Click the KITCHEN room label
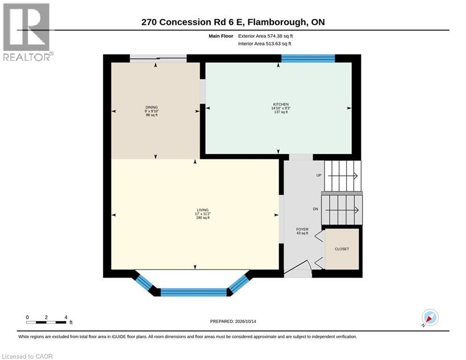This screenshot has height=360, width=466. pos(281,105)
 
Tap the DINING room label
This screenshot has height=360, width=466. pos(152,107)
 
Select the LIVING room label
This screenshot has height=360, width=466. pos(203,210)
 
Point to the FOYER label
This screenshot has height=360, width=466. pos(302,229)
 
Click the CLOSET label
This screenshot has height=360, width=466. pos(342,249)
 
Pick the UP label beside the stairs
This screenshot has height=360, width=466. pos(319,175)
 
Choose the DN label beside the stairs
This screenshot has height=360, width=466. pos(316,209)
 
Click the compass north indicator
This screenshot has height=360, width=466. pos(430,318)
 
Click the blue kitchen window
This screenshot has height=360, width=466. pos(308,58)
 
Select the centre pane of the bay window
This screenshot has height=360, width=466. pos(193,292)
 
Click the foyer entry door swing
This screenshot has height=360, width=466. pos(297,267)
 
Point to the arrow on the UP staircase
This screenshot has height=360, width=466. pos(342,176)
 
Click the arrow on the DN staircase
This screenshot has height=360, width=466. pos(342,210)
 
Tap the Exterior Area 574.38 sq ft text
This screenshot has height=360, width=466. pos(266,36)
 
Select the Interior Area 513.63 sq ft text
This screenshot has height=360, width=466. pos(265,44)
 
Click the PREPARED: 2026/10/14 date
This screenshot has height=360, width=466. pos(233,321)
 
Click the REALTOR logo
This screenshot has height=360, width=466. pos(27,32)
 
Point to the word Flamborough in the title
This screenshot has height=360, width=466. pos(276,22)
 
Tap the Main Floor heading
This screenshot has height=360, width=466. pos(221,36)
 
